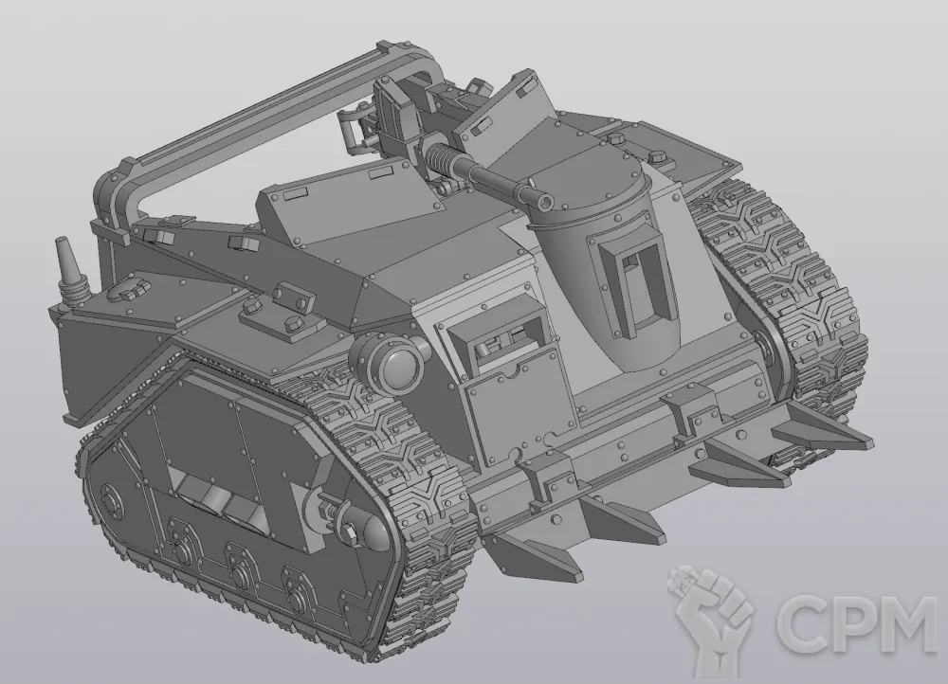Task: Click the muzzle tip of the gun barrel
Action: [x=546, y=201]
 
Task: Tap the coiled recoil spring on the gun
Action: [x=440, y=158]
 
